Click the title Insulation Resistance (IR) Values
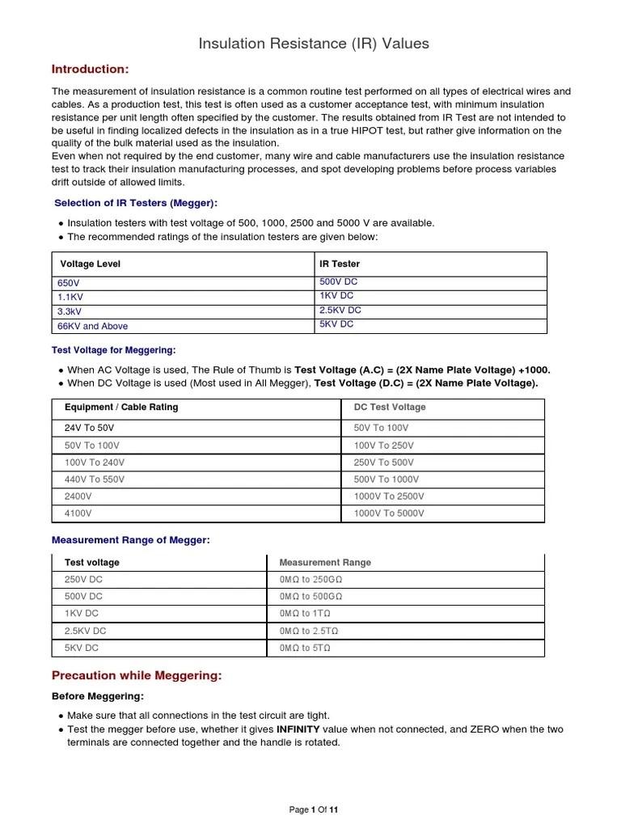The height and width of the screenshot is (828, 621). point(314,44)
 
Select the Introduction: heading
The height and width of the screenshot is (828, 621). point(90,69)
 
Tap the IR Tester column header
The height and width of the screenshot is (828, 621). point(340,264)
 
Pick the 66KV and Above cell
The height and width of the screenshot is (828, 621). point(92,326)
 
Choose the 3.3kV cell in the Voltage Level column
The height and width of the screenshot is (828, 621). point(70,310)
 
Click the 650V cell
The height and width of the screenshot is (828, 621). point(69,283)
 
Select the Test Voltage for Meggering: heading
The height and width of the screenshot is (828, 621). point(113,350)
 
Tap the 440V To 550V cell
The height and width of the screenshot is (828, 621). point(95,479)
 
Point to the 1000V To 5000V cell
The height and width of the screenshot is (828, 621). point(389,513)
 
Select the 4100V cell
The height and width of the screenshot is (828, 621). point(78,513)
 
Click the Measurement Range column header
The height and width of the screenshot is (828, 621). point(325,563)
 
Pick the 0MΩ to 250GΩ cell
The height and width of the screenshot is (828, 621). point(310,580)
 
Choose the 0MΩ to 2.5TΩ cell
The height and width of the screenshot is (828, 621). point(308,631)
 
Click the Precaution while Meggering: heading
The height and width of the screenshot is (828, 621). point(137,675)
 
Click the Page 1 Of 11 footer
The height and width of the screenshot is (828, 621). point(314,809)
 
